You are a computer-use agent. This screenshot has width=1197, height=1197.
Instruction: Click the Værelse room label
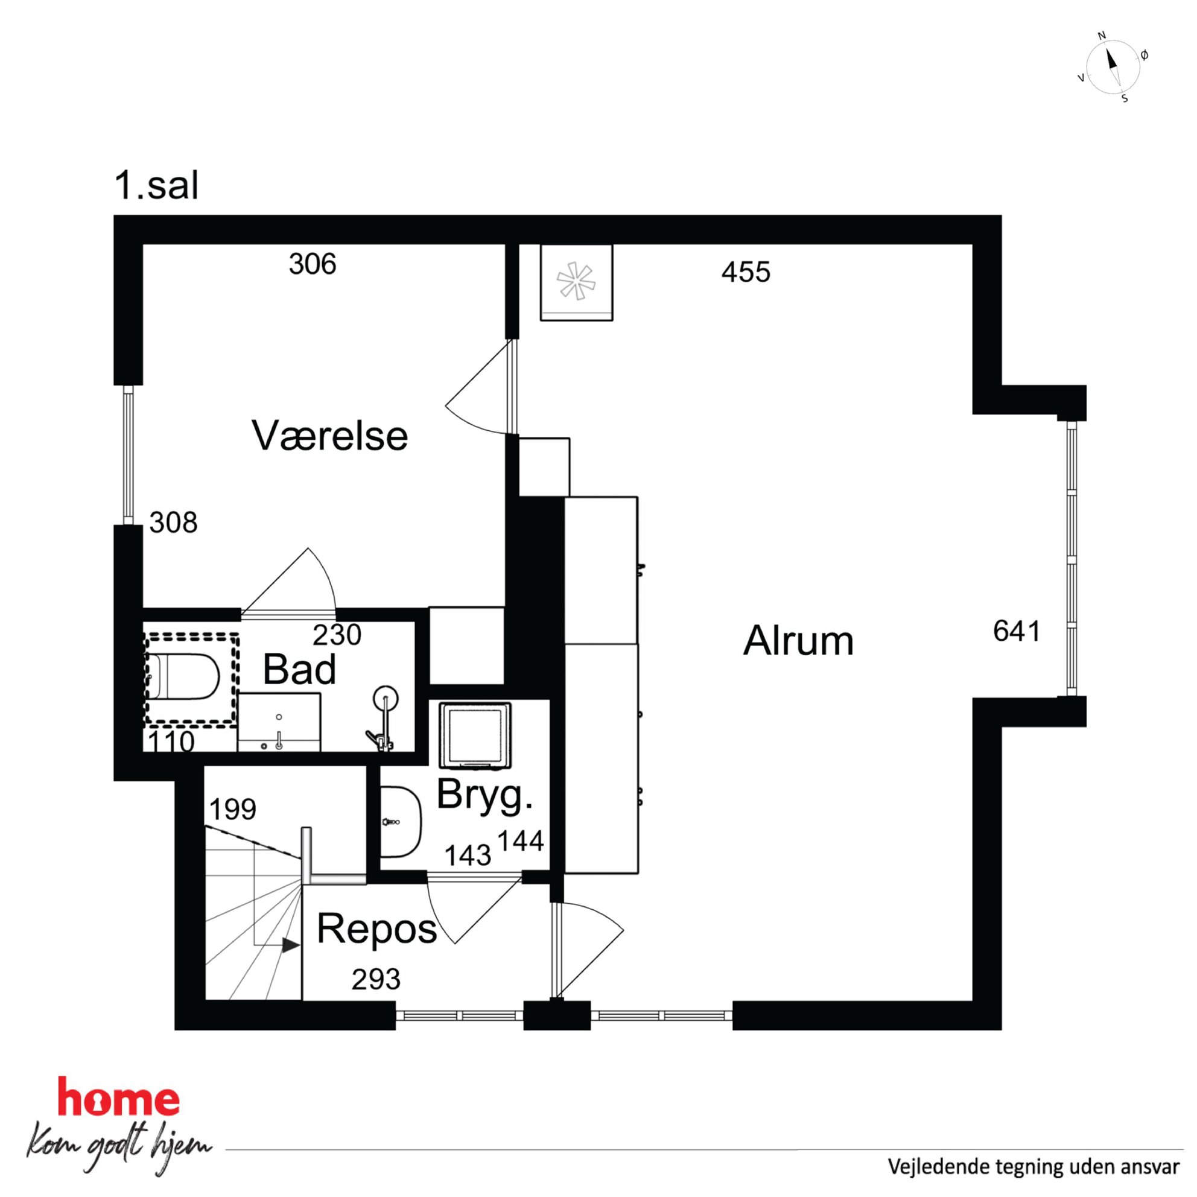click(x=329, y=436)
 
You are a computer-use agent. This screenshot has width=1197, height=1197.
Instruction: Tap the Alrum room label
click(x=798, y=640)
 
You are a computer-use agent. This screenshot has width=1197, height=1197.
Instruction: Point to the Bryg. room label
click(x=484, y=795)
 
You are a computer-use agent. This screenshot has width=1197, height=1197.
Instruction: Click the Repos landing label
click(x=376, y=929)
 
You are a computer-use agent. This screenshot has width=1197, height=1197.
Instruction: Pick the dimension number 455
click(x=746, y=272)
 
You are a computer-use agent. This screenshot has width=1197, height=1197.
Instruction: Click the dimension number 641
click(x=1017, y=631)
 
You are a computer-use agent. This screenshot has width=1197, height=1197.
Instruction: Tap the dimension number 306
click(x=313, y=264)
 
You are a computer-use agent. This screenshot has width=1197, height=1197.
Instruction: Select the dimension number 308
click(x=174, y=522)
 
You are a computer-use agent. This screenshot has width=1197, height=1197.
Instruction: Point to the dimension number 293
click(x=376, y=980)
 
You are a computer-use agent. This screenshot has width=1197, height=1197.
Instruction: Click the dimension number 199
click(x=232, y=809)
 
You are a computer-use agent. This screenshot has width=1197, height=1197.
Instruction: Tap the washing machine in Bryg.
click(x=475, y=736)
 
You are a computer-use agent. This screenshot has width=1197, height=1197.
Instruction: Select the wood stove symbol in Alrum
click(x=576, y=282)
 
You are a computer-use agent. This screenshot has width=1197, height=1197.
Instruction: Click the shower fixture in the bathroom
click(x=384, y=719)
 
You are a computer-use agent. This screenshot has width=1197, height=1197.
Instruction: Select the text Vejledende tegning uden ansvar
click(x=1033, y=1167)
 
